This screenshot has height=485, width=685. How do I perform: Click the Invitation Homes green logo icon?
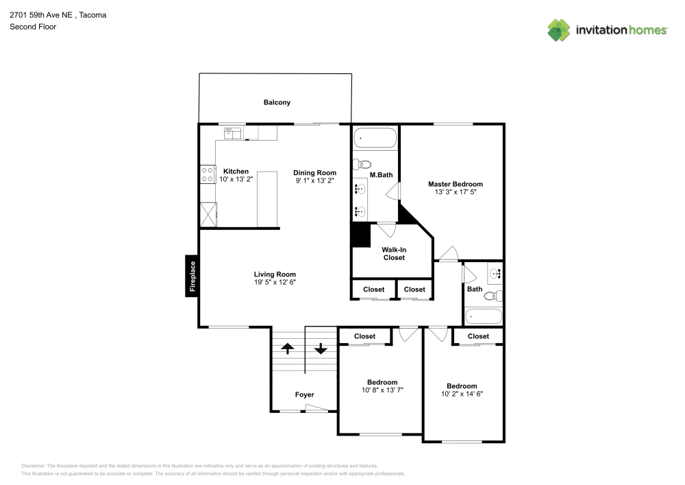coord(558,29)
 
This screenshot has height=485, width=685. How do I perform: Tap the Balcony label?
coord(277,102)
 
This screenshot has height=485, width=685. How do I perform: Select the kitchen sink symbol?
coord(232,133)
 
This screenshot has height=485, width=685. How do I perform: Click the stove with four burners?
coord(208,174)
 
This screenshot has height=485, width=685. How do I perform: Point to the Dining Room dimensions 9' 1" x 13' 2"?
coord(315,180)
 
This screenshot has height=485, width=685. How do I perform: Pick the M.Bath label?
coord(381,175)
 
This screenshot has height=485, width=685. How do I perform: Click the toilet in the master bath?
coord(362,164)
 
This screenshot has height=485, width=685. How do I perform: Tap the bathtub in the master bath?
coord(375,139)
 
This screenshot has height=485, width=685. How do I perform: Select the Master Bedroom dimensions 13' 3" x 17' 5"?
coord(455,193)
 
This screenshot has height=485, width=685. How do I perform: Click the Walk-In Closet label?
coord(393,253)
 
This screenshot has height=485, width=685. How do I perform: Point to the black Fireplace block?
coord(192,276)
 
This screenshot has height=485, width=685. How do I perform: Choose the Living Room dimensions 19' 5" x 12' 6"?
coord(275,282)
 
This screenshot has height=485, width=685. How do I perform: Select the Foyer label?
coord(304,394)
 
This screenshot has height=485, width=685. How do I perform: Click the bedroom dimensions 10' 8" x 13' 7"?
coord(382,390)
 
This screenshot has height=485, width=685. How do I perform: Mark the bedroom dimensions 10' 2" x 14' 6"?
coord(462,394)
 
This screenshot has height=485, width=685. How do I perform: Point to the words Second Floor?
coord(33,27)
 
